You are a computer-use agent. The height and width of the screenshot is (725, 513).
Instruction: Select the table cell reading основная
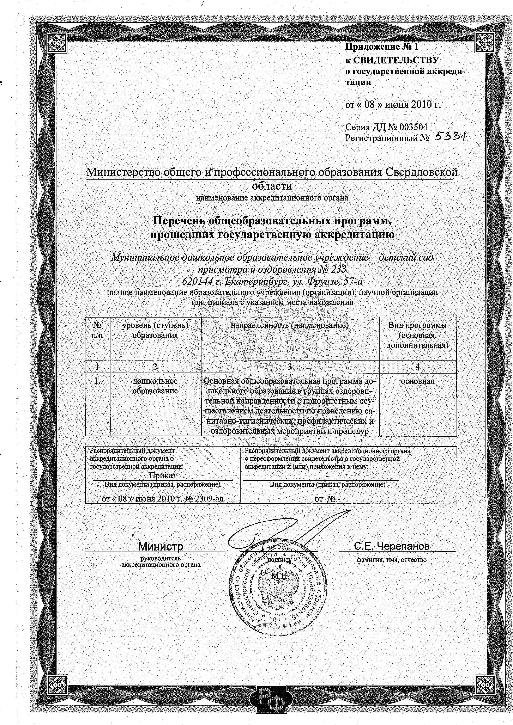coord(418,381)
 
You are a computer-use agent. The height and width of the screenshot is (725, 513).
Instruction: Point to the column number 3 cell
coord(290,366)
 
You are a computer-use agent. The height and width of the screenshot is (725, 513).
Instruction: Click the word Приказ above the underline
coord(162,475)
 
